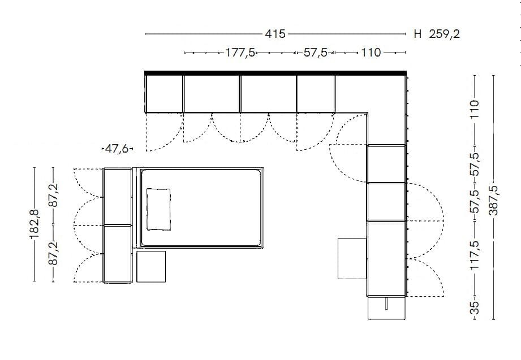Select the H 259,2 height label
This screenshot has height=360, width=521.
click(437, 34)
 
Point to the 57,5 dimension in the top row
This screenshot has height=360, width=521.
click(315, 53)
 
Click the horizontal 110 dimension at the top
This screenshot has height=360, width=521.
click(371, 53)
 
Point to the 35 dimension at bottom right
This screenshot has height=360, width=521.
click(475, 307)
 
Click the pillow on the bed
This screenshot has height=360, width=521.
click(158, 209)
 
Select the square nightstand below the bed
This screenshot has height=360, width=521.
click(151, 266)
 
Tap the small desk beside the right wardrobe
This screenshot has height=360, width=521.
click(352, 258)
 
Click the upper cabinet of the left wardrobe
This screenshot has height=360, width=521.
click(117, 196)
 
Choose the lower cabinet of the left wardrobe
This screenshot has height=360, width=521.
click(117, 253)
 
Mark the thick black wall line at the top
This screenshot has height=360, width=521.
click(275, 72)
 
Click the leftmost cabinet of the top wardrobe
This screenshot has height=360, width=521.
click(164, 93)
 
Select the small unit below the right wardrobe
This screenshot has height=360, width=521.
click(386, 308)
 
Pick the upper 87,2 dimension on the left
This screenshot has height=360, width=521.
click(54, 195)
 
